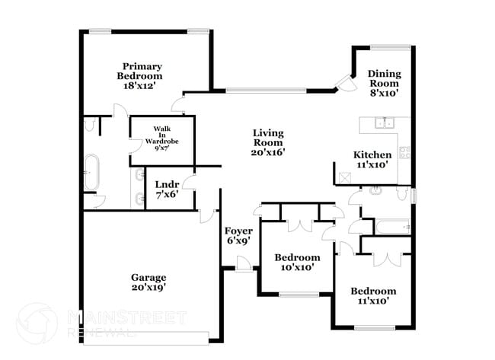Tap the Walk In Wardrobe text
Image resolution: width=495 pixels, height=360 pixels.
click(161, 139)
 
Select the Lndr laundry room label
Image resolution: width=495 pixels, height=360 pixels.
click(167, 190)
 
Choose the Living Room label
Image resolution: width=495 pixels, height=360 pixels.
click(268, 142)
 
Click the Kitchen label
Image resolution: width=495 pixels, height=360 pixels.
click(373, 159)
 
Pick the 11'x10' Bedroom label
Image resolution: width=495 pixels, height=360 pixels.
click(373, 295)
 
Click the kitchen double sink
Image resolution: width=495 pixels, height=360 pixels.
click(383, 123)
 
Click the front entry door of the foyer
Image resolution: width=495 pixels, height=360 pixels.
click(244, 264)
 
